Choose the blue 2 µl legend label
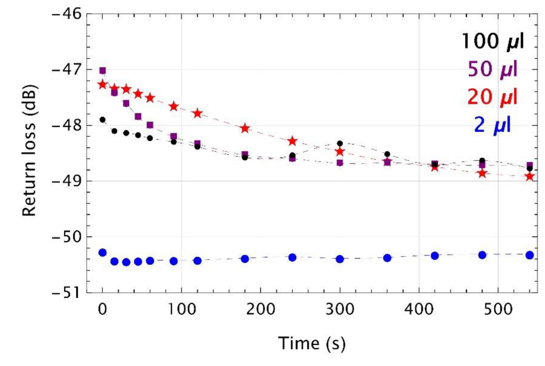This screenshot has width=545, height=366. coord(492,124)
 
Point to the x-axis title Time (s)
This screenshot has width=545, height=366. coord(311,343)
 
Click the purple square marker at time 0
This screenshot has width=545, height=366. coord(102,71)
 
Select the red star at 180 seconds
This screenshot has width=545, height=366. coord(245,128)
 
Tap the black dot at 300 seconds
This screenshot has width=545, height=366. coord(340,143)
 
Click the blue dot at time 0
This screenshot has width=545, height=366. coord(102,252)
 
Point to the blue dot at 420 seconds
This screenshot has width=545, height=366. coord(435,256)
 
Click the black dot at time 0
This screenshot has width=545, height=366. coord(102,119)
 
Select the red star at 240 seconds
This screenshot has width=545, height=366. coord(292,141)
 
